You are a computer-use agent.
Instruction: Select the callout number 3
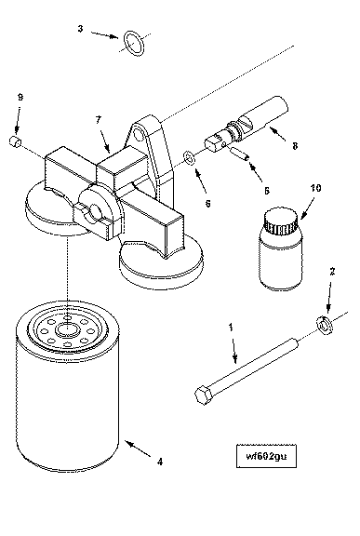coord(80,28)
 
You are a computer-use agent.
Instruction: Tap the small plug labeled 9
coord(15,141)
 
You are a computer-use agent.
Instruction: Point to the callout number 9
coord(20,98)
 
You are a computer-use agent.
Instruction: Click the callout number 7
coord(99,120)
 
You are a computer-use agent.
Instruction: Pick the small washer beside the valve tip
coord(190,157)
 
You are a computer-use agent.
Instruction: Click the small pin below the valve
coord(240,153)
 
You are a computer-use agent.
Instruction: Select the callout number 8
coord(295,146)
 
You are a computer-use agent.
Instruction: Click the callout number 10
coord(316,188)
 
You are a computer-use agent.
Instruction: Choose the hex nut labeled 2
coord(324,325)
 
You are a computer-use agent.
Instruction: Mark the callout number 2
coord(332,272)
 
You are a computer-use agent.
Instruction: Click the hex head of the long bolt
coord(205,395)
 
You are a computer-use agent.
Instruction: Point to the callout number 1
coord(231,328)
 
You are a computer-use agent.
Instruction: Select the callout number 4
coord(160,462)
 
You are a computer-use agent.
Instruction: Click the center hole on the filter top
coord(68,329)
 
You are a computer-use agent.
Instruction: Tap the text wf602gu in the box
coord(266,456)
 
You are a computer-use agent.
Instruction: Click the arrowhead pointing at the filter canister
coord(128,443)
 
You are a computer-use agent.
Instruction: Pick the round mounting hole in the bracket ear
coord(139,134)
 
